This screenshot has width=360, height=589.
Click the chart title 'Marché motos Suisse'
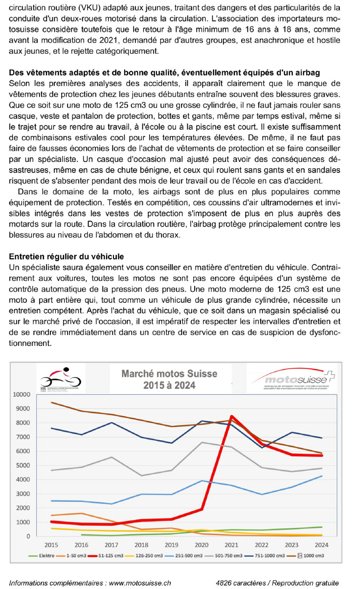click(x=169, y=374)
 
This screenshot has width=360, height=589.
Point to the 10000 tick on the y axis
click(x=23, y=395)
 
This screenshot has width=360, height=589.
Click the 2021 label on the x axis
click(x=231, y=544)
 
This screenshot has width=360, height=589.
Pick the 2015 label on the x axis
click(x=51, y=544)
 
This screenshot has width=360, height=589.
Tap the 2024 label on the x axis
click(x=321, y=544)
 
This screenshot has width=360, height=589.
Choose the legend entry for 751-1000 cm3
click(x=264, y=556)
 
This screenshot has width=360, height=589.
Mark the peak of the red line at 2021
click(x=231, y=416)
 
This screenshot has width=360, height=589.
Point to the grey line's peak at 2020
click(x=202, y=442)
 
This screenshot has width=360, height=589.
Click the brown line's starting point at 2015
click(x=52, y=402)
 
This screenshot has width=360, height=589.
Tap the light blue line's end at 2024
click(x=321, y=476)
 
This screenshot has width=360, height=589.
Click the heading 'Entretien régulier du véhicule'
click(x=67, y=256)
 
